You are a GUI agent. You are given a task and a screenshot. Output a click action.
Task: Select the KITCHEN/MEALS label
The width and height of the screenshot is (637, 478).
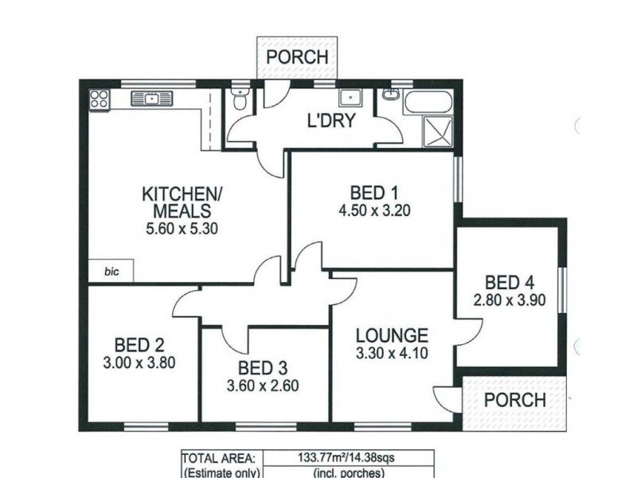coord(177,202)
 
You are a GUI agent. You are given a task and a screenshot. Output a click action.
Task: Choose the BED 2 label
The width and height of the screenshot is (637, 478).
coord(139,345)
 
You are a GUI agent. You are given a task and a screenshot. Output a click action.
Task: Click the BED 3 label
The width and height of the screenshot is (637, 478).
coord(264,369)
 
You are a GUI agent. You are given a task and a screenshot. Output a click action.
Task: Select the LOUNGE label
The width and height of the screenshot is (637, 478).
coord(392,335)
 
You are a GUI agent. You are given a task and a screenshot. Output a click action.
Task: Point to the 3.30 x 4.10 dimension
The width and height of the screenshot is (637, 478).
coord(392,354)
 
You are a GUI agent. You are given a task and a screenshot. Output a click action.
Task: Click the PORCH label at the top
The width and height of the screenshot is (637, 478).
coord(297,57)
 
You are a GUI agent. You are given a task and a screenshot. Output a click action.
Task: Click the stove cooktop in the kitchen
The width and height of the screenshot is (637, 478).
coord(99,100)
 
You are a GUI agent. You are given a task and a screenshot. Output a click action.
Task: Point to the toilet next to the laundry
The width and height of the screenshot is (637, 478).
coord(240,101)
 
